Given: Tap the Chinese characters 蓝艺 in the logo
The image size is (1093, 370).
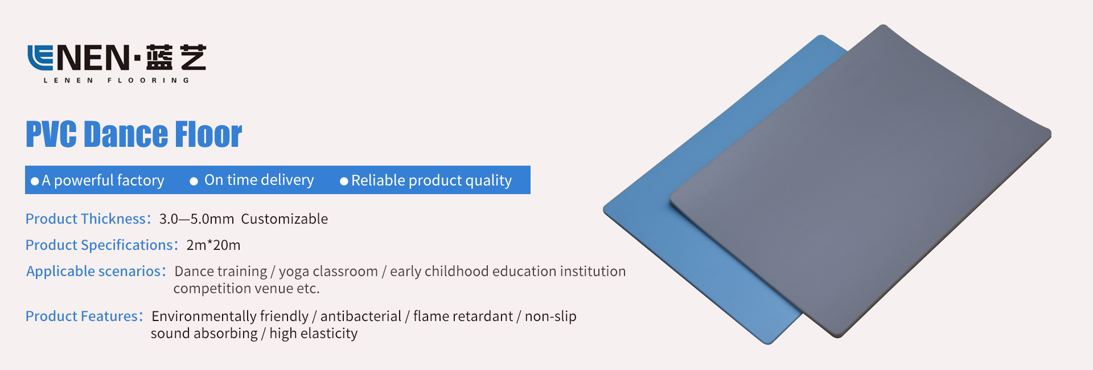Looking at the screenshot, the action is [x=176, y=57].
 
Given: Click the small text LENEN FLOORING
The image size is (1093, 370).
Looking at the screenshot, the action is [x=116, y=81].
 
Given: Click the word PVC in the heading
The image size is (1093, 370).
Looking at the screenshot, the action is [x=51, y=134].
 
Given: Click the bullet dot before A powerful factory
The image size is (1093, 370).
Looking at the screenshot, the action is [x=35, y=181].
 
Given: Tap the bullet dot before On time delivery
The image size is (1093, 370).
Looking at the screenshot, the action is [x=194, y=181].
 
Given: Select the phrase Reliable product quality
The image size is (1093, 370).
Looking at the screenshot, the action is [x=432, y=180].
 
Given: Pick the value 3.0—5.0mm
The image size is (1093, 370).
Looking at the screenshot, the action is [x=196, y=219].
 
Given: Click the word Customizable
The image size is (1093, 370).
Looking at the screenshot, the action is [x=285, y=219].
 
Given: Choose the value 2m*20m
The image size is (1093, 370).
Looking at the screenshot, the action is [x=213, y=245].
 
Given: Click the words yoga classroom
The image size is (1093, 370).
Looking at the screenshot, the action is [x=328, y=272].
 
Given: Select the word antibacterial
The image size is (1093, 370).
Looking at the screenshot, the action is [x=361, y=316].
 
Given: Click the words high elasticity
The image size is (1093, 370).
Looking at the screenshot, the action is [x=314, y=334].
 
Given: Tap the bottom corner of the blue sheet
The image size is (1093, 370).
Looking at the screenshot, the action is [x=768, y=343].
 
